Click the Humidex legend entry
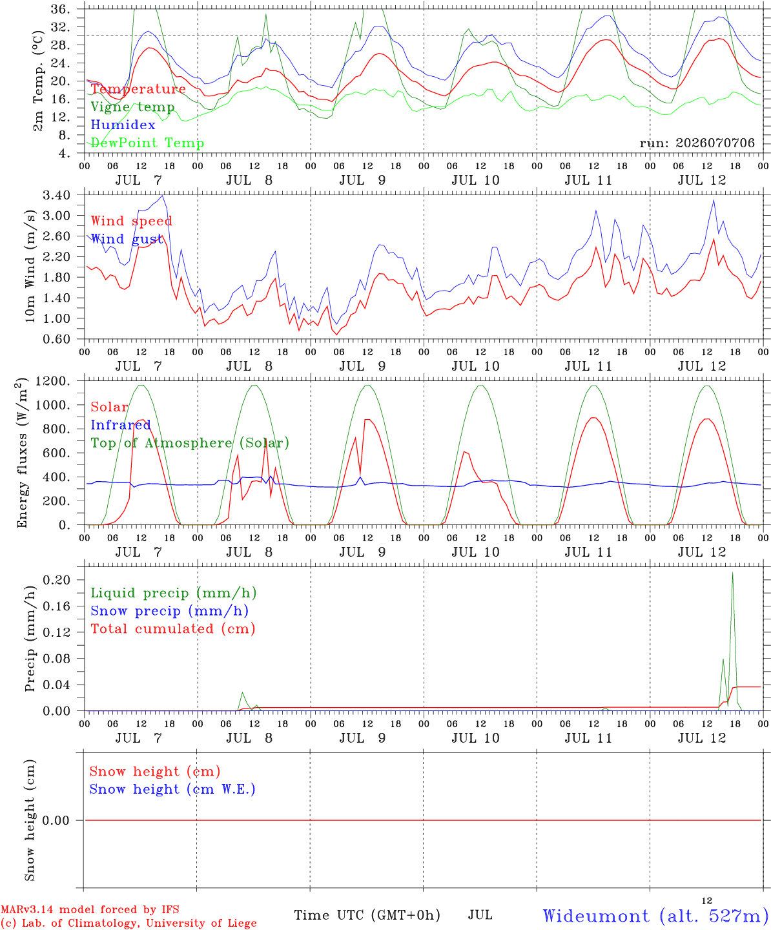point(123,125)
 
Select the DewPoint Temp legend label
point(147,143)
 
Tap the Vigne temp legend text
point(132,107)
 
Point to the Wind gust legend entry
point(127,239)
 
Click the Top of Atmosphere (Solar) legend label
point(190,443)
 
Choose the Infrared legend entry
point(120,425)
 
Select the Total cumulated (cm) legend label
point(173,628)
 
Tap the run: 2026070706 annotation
point(697,143)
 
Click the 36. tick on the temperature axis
point(60,9)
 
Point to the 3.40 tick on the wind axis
point(57,195)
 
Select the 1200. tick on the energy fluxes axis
point(53,381)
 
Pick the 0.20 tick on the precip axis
point(57,580)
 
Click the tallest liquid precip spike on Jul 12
point(732,573)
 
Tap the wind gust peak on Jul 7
point(162,196)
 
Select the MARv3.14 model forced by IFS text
point(90,909)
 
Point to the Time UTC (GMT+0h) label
point(367,915)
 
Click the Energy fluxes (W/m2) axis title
point(22,453)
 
